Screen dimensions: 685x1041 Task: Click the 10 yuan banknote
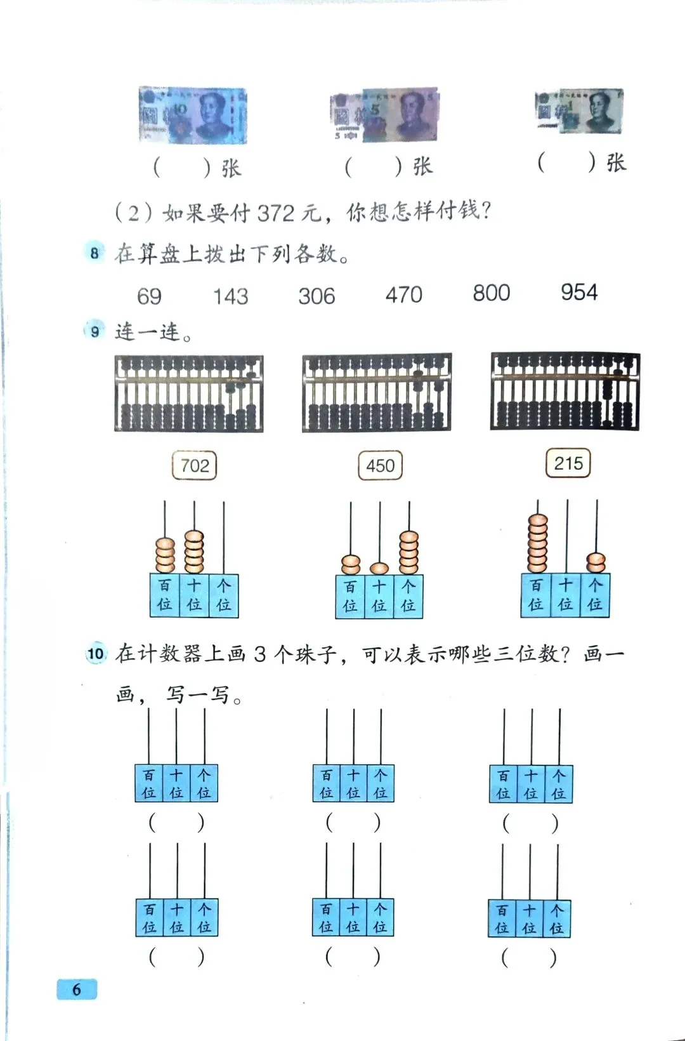pyautogui.click(x=192, y=116)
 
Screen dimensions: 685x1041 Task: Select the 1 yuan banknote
pyautogui.click(x=578, y=111)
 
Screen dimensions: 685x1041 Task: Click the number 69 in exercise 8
pyautogui.click(x=150, y=296)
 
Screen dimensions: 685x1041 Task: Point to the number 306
pyautogui.click(x=316, y=296)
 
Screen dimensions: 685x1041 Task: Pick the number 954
pyautogui.click(x=578, y=293)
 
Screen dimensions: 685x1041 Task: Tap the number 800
pyautogui.click(x=491, y=293)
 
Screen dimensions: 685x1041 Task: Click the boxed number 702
pyautogui.click(x=194, y=466)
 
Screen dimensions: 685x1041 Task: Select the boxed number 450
pyautogui.click(x=380, y=466)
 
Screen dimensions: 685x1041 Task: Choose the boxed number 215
pyautogui.click(x=568, y=463)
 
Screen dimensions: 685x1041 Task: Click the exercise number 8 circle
pyautogui.click(x=95, y=253)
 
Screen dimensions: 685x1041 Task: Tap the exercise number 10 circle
pyautogui.click(x=96, y=654)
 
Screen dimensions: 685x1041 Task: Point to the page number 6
pyautogui.click(x=77, y=989)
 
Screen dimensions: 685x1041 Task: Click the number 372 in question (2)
pyautogui.click(x=276, y=213)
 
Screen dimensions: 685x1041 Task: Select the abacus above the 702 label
pyautogui.click(x=189, y=394)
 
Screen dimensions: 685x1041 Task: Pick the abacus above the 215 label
pyautogui.click(x=564, y=391)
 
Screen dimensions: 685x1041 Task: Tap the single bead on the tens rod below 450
pyautogui.click(x=379, y=568)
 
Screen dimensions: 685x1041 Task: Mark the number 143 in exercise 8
pyautogui.click(x=230, y=296)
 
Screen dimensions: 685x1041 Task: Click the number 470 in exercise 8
pyautogui.click(x=403, y=295)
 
